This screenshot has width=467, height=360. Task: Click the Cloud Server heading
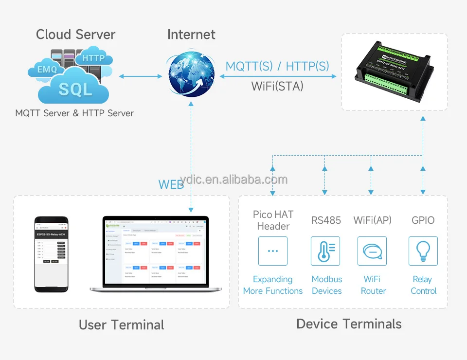(75, 35)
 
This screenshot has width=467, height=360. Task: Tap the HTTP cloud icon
(94, 57)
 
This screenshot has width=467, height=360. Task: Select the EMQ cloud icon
(47, 70)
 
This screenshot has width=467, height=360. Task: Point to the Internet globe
(191, 75)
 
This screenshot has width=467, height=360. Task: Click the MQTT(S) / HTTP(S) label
(277, 66)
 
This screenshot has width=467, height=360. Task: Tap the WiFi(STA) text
(277, 86)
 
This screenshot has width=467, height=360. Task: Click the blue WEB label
(171, 184)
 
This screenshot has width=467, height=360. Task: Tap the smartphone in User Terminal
(51, 254)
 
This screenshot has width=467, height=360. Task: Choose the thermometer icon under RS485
(325, 251)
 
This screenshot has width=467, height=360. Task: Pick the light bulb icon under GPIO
(423, 251)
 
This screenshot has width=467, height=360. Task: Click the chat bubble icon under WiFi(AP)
(372, 251)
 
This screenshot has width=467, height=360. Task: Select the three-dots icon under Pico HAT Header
(273, 251)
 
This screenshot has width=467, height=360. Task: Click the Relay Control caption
(423, 285)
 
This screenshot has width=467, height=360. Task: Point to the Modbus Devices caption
(326, 285)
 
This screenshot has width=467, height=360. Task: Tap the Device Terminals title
(349, 324)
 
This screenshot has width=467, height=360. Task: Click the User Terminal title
(122, 325)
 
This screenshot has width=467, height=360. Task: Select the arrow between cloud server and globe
(141, 76)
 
